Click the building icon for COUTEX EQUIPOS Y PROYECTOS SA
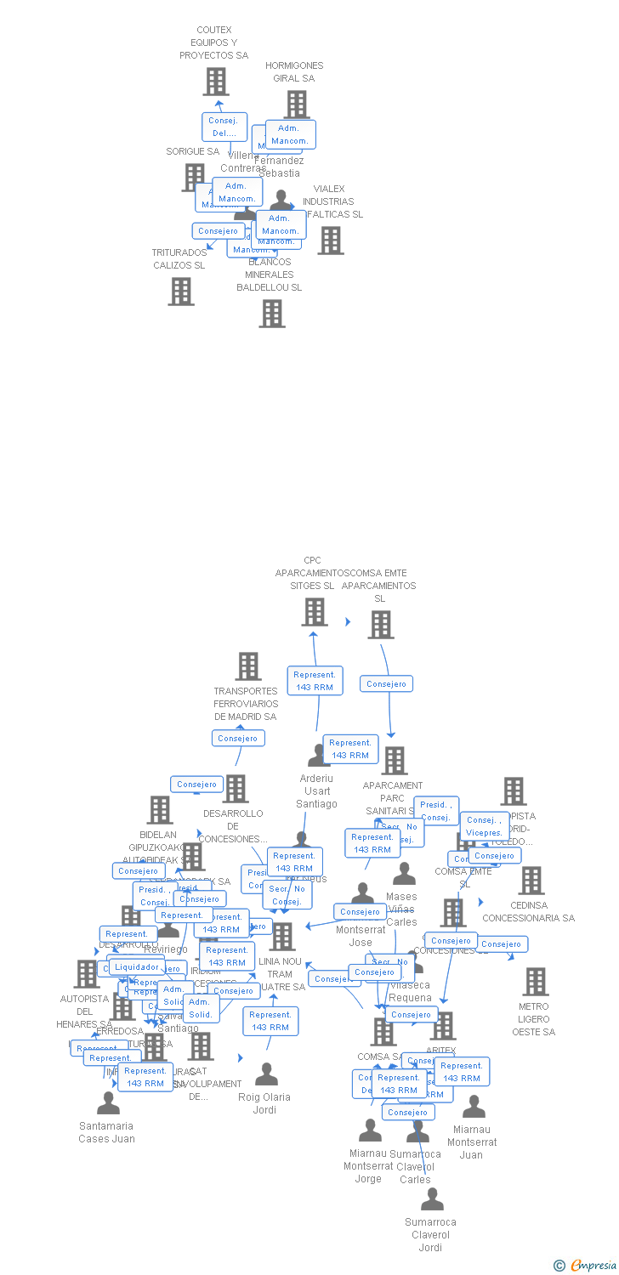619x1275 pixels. tap(216, 82)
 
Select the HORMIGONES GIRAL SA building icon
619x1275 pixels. tap(296, 105)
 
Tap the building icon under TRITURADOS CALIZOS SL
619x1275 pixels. tap(180, 291)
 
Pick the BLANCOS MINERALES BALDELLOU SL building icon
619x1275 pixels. tap(272, 314)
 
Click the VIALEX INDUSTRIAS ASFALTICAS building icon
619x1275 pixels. tap(331, 241)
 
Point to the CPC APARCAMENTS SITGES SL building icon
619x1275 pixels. tap(315, 612)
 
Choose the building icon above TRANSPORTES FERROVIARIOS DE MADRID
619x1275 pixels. tap(248, 666)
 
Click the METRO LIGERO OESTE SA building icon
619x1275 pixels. tap(535, 982)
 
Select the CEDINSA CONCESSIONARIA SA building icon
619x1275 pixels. tap(531, 881)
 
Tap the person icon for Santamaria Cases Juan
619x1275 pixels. tap(108, 1103)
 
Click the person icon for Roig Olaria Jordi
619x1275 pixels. tap(267, 1074)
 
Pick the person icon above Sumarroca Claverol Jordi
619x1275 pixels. tap(432, 1199)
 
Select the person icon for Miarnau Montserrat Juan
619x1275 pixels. tap(474, 1107)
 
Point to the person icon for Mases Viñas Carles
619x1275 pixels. tap(405, 874)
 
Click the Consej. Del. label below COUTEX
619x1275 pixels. tap(224, 127)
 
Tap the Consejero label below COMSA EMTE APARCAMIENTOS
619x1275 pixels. tap(387, 683)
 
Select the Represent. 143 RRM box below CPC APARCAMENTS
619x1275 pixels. tap(315, 681)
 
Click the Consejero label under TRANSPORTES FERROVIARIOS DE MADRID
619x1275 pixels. tap(238, 738)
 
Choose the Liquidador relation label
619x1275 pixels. tap(136, 966)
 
